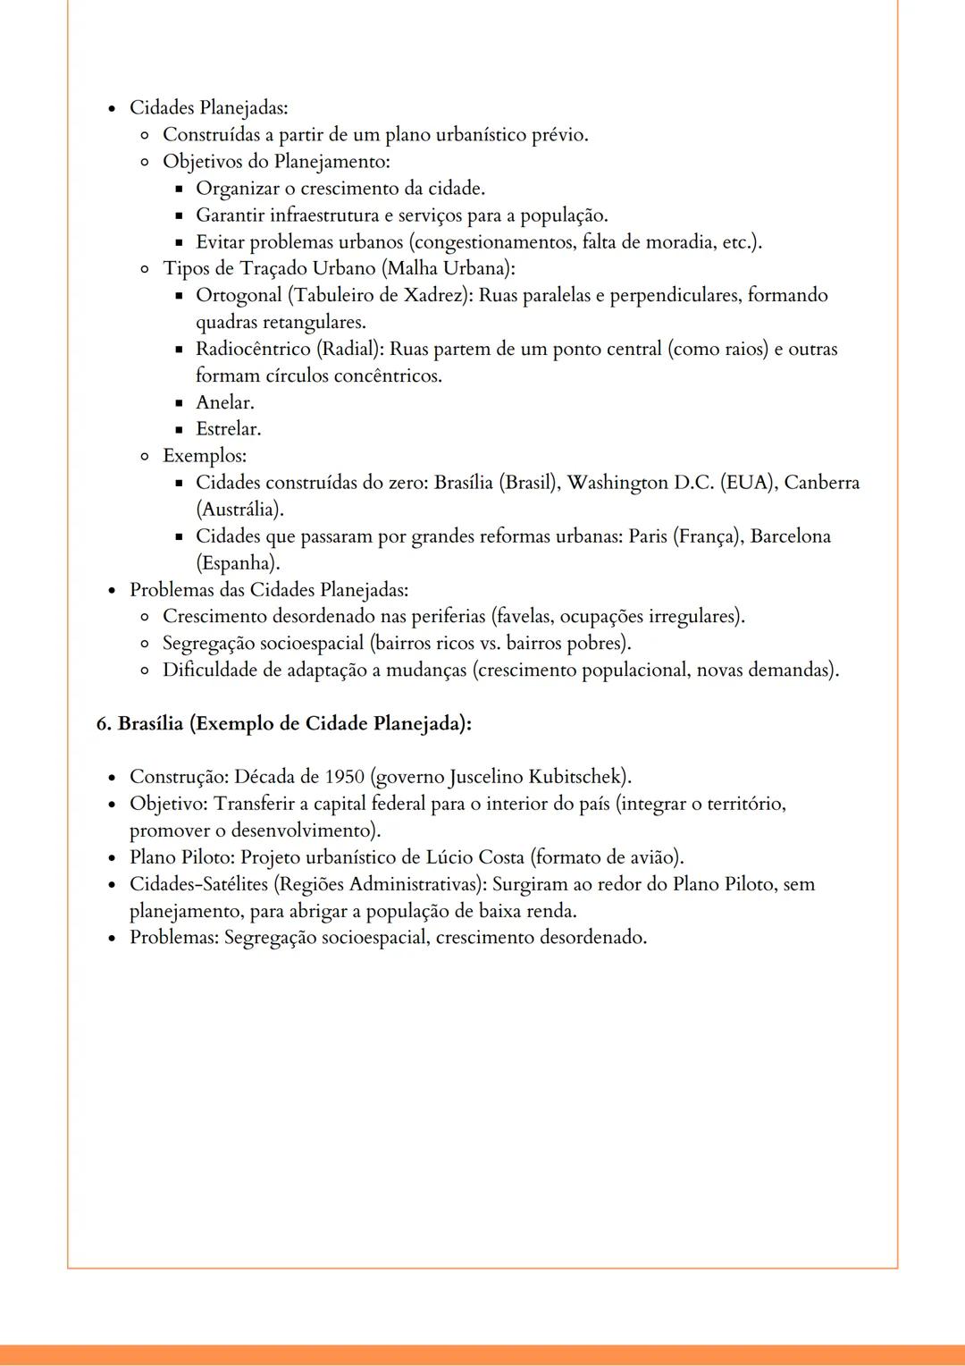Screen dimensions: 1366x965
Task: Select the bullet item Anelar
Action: tap(225, 402)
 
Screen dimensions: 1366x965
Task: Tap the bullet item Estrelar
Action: tap(229, 429)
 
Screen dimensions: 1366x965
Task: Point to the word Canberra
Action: tap(822, 483)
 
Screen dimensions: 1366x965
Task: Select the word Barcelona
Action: tap(790, 536)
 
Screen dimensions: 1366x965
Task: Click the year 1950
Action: tap(345, 777)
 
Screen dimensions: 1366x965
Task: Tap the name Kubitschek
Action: tap(575, 777)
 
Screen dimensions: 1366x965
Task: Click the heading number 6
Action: tap(103, 723)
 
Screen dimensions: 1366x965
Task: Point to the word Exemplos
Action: tap(204, 456)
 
